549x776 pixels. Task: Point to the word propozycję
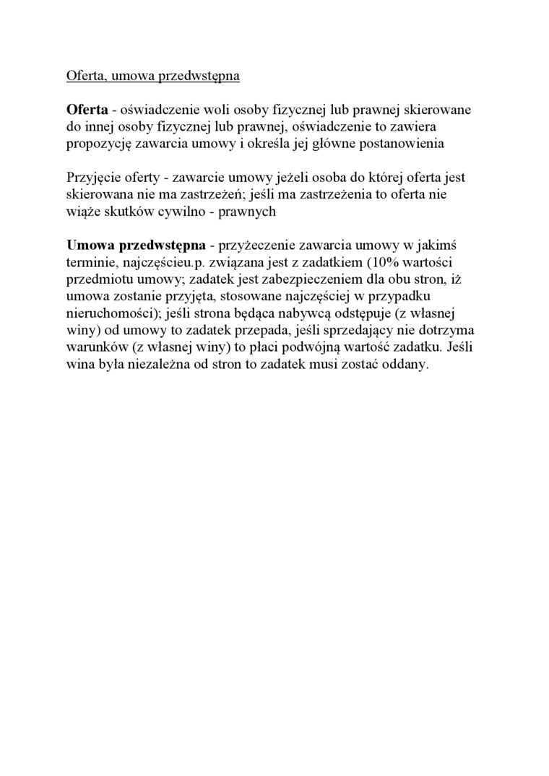(99, 144)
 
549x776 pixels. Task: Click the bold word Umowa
(88, 245)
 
